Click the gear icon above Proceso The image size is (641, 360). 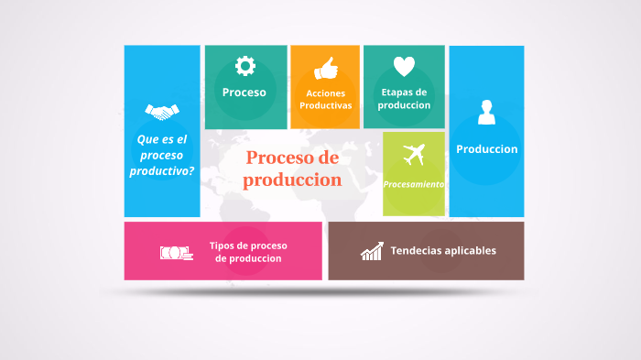(x=244, y=66)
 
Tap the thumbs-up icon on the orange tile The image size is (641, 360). (x=325, y=69)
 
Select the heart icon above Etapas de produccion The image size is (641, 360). (x=404, y=67)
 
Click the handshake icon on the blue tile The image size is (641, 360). (x=162, y=112)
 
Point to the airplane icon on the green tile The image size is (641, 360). (x=415, y=154)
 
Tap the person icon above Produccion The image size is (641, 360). (x=486, y=113)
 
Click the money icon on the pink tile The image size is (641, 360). (x=176, y=252)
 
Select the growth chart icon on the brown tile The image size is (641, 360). (x=371, y=251)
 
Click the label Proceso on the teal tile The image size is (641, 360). (x=244, y=93)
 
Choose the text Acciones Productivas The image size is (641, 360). (x=325, y=99)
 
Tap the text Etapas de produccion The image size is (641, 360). (x=404, y=98)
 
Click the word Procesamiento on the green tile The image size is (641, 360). (x=414, y=184)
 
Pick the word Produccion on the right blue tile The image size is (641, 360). (x=486, y=148)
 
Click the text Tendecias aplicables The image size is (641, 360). (x=443, y=250)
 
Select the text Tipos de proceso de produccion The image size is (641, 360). (x=248, y=251)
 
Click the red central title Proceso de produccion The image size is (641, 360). (x=292, y=169)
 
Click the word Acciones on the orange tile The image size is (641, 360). (x=325, y=93)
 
